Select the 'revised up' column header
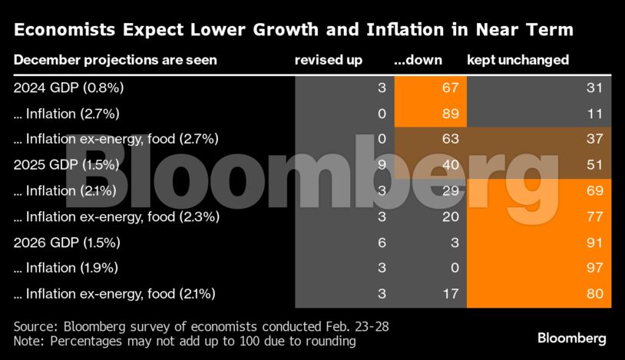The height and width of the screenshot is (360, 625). (329, 60)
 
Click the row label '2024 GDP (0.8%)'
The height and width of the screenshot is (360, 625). (69, 88)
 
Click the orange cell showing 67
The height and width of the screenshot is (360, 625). (450, 88)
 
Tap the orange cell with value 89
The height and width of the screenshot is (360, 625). (450, 114)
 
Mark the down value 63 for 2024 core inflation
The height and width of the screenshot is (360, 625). (450, 139)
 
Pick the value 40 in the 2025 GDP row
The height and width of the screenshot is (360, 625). (450, 165)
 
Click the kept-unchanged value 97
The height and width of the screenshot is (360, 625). (594, 268)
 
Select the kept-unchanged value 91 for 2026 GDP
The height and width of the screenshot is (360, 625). (594, 243)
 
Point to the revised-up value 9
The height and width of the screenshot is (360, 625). (381, 165)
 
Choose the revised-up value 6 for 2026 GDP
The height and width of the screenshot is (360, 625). (381, 243)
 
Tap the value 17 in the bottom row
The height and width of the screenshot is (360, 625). (450, 294)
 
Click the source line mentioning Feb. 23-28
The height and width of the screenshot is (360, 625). (201, 326)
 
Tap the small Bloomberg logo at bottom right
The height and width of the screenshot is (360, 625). (571, 339)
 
